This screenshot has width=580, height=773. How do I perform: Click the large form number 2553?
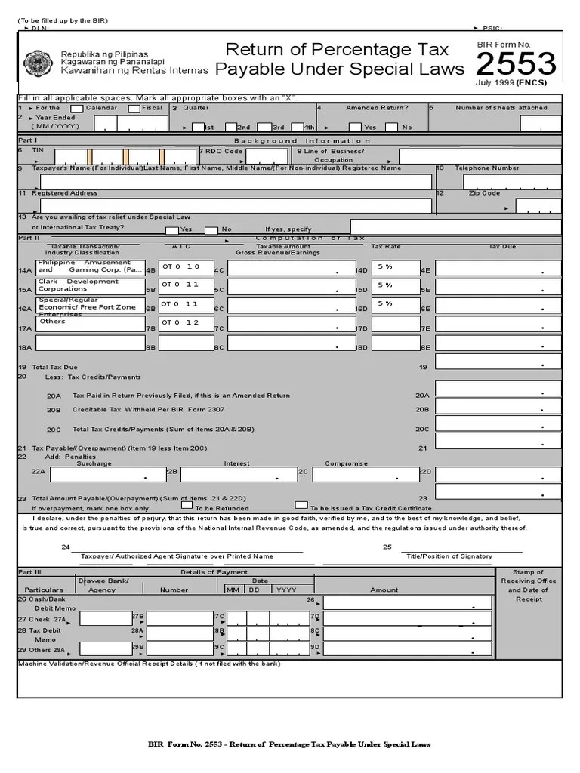click(517, 64)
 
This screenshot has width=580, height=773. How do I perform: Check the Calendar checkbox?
click(76, 109)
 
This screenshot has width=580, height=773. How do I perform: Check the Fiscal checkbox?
click(134, 109)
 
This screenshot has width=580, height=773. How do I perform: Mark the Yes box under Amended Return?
click(354, 127)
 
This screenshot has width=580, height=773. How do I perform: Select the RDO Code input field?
click(266, 156)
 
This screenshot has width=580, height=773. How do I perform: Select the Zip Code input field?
click(538, 205)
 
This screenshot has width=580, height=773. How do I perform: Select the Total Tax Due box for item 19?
click(498, 361)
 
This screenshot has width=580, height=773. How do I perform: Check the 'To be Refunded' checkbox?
click(187, 505)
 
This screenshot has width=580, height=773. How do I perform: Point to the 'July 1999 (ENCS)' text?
click(511, 83)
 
